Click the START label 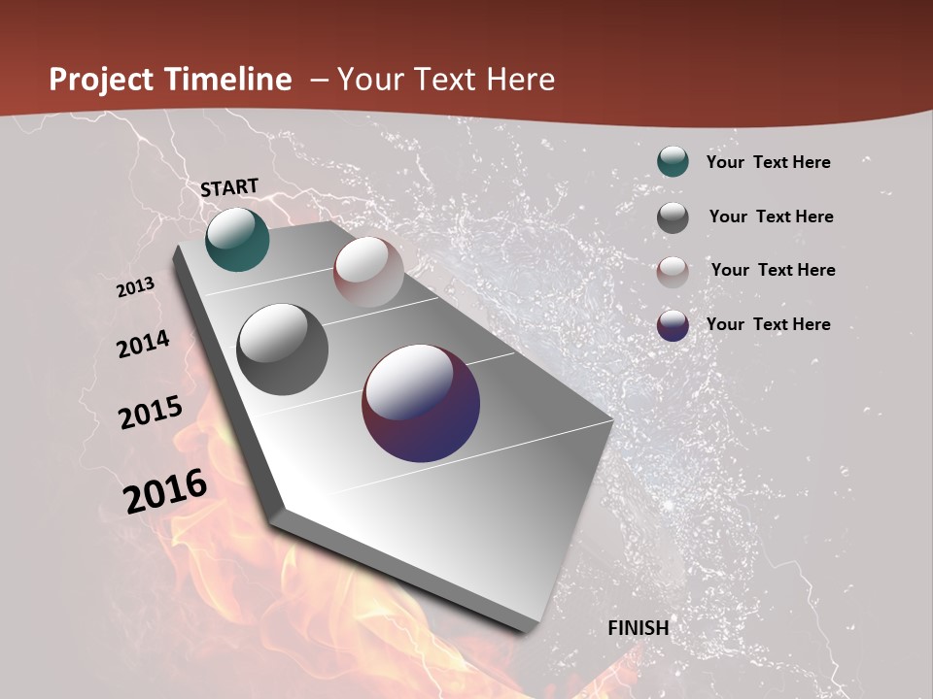[x=229, y=186]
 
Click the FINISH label [x=639, y=628]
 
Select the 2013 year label [x=136, y=287]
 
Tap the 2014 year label [x=144, y=344]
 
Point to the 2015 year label [x=151, y=413]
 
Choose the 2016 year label [x=165, y=490]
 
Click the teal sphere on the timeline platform [x=237, y=239]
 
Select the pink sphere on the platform [x=368, y=272]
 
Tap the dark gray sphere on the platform [x=283, y=349]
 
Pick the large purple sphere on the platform [x=421, y=403]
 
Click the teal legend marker [x=673, y=161]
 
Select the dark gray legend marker [x=673, y=217]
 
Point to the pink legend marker [x=673, y=272]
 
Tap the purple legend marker [x=673, y=325]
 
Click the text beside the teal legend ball [x=768, y=162]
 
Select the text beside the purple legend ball [x=768, y=324]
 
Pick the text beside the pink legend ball [x=773, y=270]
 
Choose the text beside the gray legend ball [x=771, y=216]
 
